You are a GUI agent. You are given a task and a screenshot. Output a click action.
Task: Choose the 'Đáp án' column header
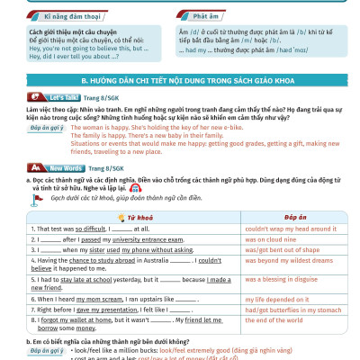point(295,218)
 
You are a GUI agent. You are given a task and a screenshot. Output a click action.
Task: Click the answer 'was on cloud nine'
point(275,240)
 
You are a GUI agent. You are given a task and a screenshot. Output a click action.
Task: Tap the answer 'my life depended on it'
point(282,298)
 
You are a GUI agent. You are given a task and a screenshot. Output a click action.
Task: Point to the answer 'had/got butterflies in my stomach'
point(292,309)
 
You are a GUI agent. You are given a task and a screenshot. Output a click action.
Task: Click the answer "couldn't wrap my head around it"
point(291,229)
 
